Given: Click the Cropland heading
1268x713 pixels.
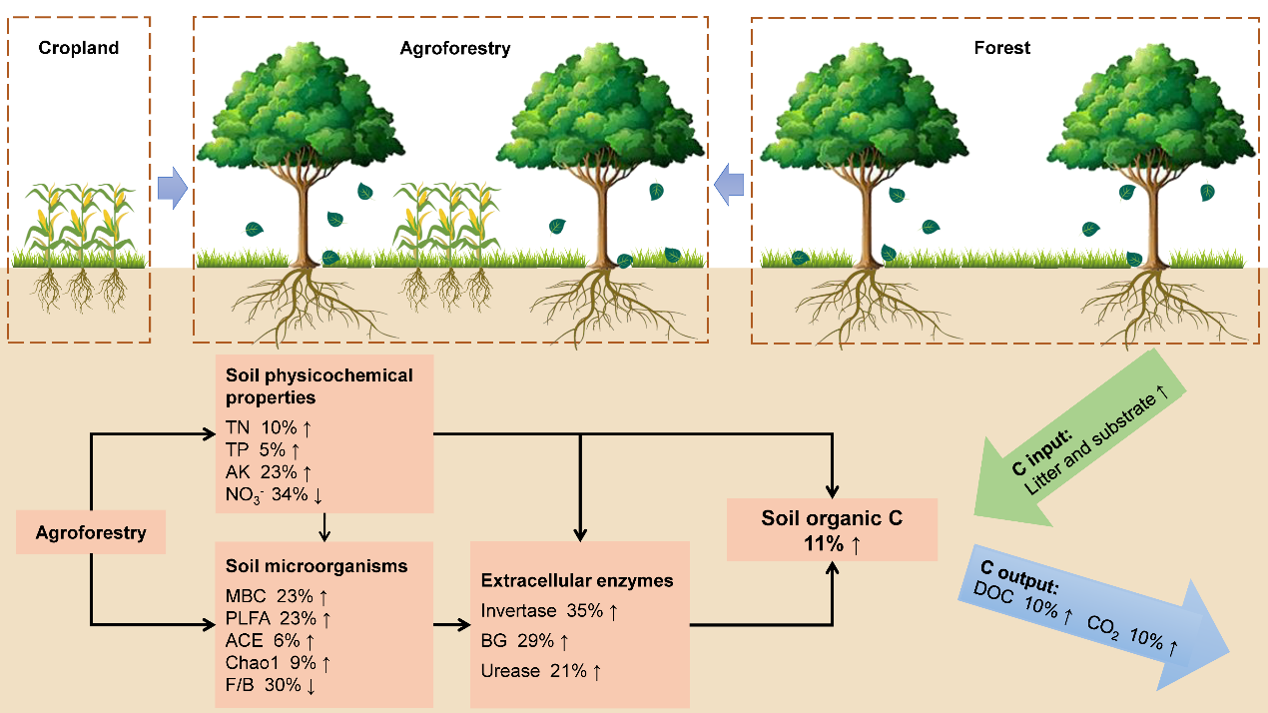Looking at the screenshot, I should click(79, 48).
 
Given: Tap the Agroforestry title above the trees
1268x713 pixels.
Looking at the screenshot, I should click(454, 48).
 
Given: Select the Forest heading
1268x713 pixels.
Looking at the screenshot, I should click(1001, 48).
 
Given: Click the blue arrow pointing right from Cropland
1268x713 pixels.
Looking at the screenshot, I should click(172, 188).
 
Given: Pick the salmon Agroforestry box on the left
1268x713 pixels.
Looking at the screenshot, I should click(91, 532).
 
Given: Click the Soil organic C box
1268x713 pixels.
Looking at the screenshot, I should click(832, 529).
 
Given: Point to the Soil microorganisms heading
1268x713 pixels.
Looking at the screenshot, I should click(317, 566).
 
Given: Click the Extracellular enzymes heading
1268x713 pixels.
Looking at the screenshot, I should click(577, 580).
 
